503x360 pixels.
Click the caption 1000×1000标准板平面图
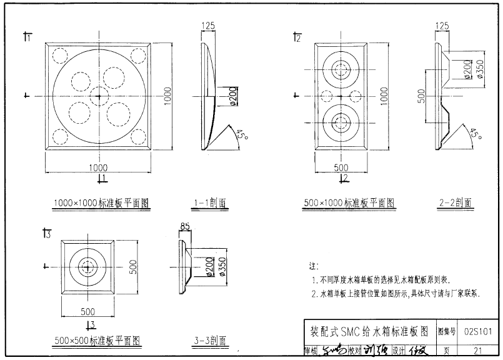click(x=101, y=203)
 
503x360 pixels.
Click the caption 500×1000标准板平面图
click(x=349, y=202)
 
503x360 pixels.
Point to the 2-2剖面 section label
click(x=456, y=202)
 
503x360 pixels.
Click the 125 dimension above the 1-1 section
click(x=208, y=26)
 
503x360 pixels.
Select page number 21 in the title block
click(x=478, y=351)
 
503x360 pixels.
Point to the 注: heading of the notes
click(x=314, y=266)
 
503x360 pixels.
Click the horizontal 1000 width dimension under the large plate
click(x=98, y=167)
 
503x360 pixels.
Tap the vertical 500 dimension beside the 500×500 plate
click(x=132, y=267)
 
